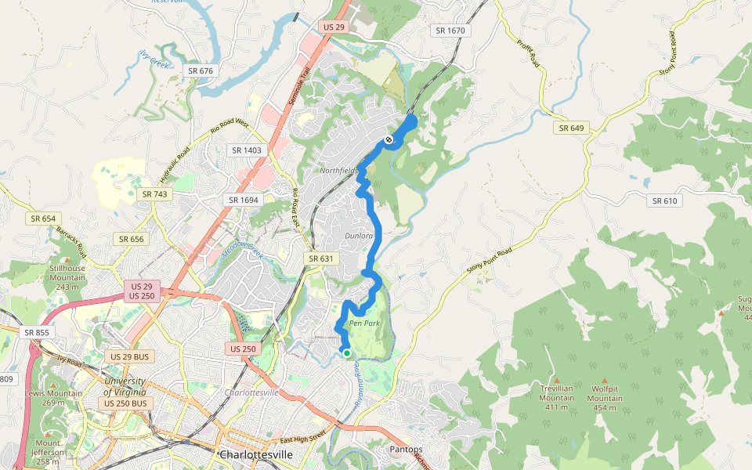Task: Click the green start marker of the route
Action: [346, 352]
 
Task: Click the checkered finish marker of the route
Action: [388, 140]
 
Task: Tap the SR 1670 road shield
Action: [450, 31]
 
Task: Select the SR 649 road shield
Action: [572, 128]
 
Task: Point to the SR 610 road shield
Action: [665, 201]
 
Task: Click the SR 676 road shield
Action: [201, 70]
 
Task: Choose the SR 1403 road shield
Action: [246, 150]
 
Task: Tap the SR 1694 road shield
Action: [244, 200]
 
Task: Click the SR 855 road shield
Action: [37, 332]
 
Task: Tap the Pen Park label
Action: [364, 323]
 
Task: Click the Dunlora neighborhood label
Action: [357, 235]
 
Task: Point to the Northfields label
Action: [338, 171]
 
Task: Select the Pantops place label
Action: [406, 450]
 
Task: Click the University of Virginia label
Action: [124, 386]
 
